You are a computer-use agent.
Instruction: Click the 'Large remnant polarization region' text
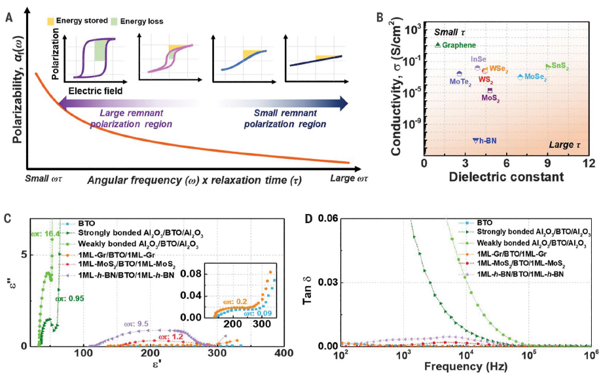tap(125, 118)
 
